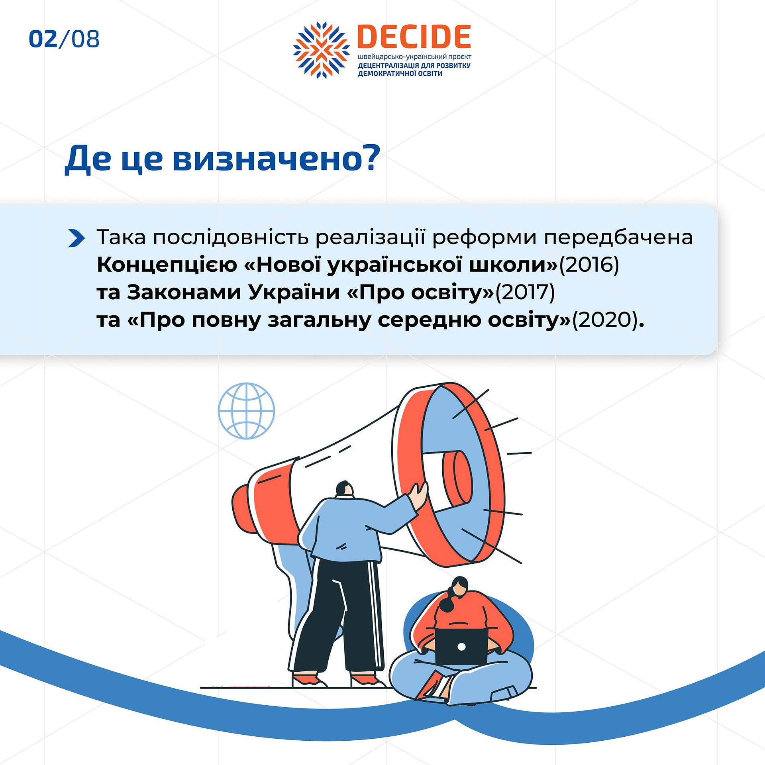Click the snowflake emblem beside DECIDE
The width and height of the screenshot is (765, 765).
pos(322,50)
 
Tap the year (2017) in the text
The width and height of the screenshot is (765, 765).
pos(524,292)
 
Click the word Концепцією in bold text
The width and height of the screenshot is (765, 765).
pos(167,265)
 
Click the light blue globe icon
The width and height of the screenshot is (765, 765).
pos(247,411)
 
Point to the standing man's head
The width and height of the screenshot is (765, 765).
pos(344,489)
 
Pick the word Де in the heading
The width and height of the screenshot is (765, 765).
pos(88,159)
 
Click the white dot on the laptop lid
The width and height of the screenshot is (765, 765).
pos(461,646)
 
